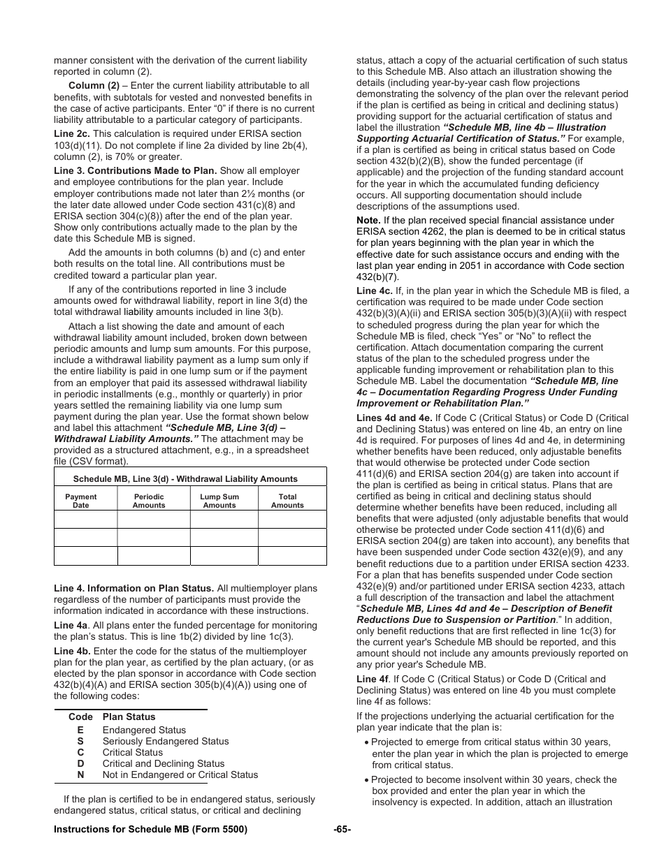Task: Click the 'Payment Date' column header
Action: pyautogui.click(x=81, y=501)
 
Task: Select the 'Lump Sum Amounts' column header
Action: pyautogui.click(x=219, y=501)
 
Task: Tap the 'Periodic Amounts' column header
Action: pyautogui.click(x=149, y=501)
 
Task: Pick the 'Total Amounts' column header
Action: pyautogui.click(x=287, y=501)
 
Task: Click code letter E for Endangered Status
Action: pyautogui.click(x=80, y=730)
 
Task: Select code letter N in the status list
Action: pyautogui.click(x=80, y=774)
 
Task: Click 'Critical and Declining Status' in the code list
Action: pyautogui.click(x=164, y=763)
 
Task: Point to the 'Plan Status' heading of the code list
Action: pyautogui.click(x=129, y=717)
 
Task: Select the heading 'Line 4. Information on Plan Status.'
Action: pyautogui.click(x=133, y=589)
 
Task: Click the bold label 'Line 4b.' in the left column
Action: pyautogui.click(x=72, y=651)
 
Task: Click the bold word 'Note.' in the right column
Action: pyautogui.click(x=368, y=221)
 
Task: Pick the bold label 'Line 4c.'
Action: pyautogui.click(x=375, y=291)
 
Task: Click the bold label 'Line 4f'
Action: pyautogui.click(x=373, y=679)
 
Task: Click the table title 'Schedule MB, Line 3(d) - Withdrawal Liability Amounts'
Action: pyautogui.click(x=185, y=479)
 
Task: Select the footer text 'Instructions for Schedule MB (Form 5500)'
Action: pyautogui.click(x=150, y=829)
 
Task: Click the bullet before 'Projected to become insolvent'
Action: pyautogui.click(x=366, y=780)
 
